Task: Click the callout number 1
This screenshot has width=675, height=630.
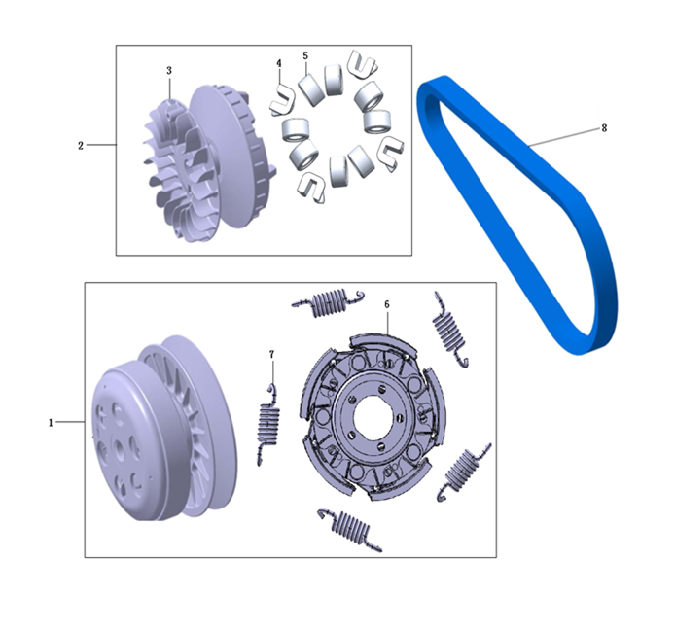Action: tap(51, 423)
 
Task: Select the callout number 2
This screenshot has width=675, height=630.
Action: tap(81, 146)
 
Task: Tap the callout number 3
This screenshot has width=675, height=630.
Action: tap(169, 70)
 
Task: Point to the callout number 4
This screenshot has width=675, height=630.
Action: tap(279, 64)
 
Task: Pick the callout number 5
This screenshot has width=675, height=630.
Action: tap(305, 55)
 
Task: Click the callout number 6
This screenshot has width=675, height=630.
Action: tap(387, 304)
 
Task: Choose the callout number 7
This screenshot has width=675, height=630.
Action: tap(271, 355)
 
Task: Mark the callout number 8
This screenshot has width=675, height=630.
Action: tap(604, 128)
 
